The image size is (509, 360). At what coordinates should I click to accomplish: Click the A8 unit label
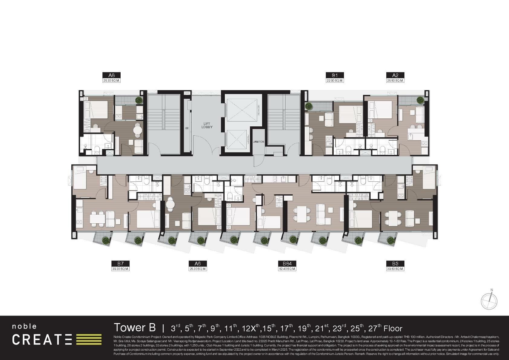(x=112, y=75)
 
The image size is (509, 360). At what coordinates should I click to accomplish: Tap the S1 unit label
(x=335, y=75)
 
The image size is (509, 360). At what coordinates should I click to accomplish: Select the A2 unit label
(x=395, y=75)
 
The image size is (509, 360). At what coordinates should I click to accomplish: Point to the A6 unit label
(x=198, y=264)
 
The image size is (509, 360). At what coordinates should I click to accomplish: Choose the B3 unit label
(x=395, y=264)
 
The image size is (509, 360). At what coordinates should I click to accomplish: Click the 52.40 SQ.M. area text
(x=287, y=269)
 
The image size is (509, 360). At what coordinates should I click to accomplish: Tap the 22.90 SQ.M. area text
(x=335, y=81)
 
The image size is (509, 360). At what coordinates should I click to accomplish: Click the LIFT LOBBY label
(x=207, y=125)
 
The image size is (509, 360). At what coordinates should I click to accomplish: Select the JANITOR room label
(x=259, y=142)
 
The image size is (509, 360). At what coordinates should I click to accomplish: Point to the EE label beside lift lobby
(x=187, y=128)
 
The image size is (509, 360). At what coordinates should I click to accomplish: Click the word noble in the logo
(x=24, y=326)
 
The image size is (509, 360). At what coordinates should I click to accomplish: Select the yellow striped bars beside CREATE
(x=89, y=339)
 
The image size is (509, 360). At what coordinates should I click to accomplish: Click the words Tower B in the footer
(x=135, y=328)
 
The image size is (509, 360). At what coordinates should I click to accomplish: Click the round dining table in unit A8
(x=138, y=130)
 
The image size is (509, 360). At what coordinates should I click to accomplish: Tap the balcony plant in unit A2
(x=420, y=99)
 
